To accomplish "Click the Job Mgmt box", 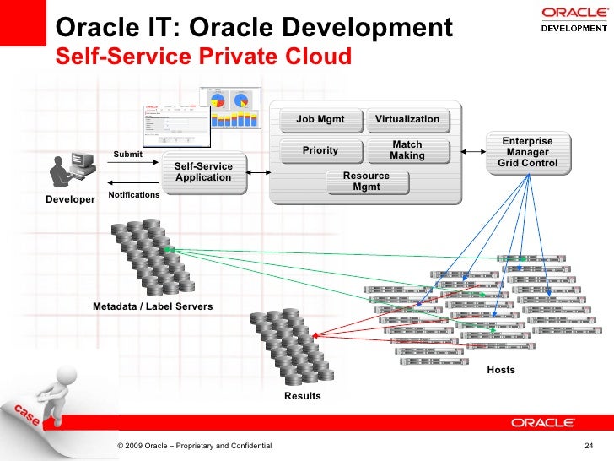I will tap(320, 119).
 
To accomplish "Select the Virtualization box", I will tap(407, 119).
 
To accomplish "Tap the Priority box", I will tap(320, 150).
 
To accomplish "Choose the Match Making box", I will tap(407, 150).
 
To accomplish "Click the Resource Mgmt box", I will tap(366, 181).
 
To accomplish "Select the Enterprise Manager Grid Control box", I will tap(527, 152).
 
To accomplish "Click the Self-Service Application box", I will tap(203, 171).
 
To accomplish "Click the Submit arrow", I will tap(132, 161).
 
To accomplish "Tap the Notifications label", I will tap(134, 195).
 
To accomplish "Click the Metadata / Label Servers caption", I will tap(153, 306).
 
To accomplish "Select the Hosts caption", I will tap(501, 370).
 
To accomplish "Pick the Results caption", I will tap(302, 396).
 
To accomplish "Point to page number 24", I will tap(589, 446).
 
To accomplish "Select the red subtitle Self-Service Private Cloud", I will tap(202, 57).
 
